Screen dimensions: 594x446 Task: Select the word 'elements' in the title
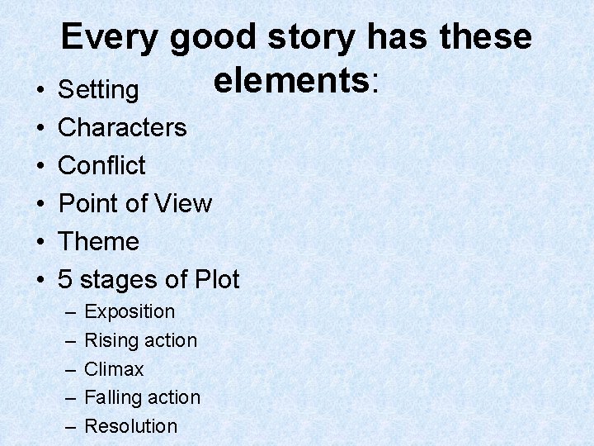click(290, 80)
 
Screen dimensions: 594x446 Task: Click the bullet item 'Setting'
click(98, 89)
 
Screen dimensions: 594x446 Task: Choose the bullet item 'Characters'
click(122, 127)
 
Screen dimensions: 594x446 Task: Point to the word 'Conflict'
click(101, 165)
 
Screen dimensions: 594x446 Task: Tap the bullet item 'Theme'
click(98, 242)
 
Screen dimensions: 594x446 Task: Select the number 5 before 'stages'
click(65, 280)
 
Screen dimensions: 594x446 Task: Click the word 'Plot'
click(215, 280)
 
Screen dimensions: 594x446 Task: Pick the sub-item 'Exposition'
click(130, 312)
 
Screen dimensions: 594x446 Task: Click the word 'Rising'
click(111, 340)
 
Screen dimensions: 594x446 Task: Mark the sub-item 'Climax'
click(114, 369)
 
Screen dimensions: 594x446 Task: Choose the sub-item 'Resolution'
click(131, 426)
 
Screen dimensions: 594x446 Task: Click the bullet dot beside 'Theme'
click(40, 243)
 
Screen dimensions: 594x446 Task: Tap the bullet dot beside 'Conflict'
click(40, 166)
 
